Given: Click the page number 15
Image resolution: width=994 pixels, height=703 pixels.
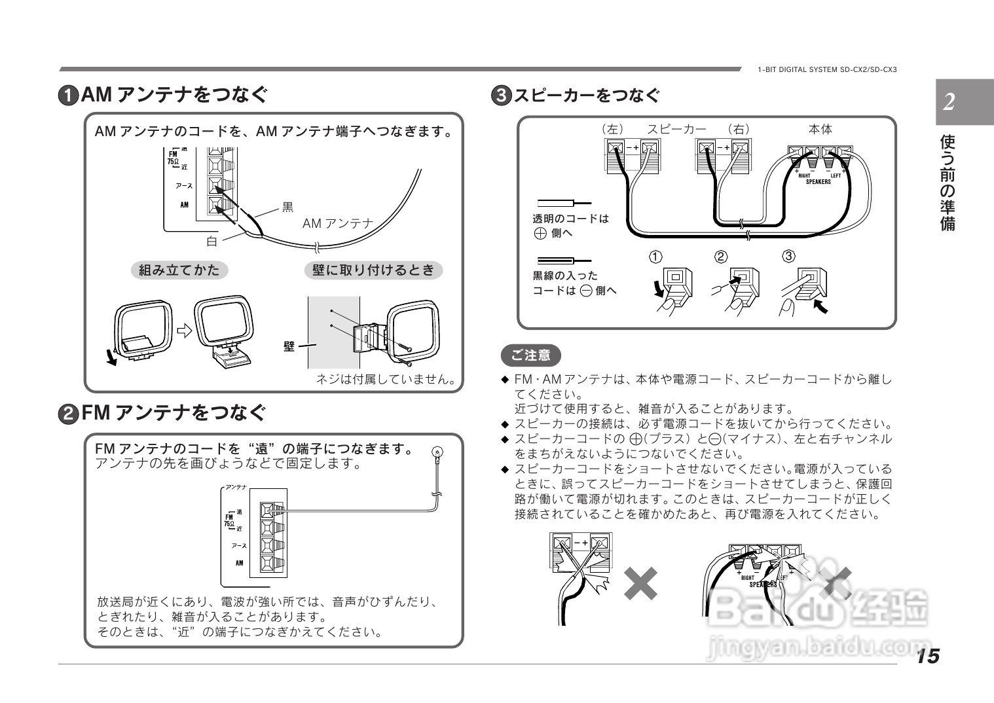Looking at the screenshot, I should tap(928, 655).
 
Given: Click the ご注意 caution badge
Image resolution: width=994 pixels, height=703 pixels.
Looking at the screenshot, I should tap(530, 355).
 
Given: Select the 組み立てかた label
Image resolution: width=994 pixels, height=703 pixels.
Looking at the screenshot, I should tap(179, 270).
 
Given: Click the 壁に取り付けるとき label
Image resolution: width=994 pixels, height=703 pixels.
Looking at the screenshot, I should tap(373, 270).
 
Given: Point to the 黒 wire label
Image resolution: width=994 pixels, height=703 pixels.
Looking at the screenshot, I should tap(287, 207).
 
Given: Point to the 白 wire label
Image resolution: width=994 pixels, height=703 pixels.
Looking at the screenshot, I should tap(212, 242).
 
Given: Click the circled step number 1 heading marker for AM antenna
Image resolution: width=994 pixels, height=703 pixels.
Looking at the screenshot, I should tap(69, 96).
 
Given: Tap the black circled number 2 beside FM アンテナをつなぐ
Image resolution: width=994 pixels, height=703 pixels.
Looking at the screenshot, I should tap(69, 414).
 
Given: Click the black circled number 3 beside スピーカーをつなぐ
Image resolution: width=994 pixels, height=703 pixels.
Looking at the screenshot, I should tap(501, 96).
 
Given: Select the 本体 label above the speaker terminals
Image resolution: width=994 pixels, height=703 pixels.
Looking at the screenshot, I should tap(820, 130).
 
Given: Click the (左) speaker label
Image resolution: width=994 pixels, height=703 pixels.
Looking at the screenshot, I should tap(613, 130).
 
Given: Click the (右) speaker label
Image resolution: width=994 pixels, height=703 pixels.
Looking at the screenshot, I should tap(739, 130).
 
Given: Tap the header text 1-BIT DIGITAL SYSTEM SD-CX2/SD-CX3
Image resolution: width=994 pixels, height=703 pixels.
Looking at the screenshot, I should tap(827, 69).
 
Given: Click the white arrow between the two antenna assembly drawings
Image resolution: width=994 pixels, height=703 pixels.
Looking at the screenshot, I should tap(185, 331).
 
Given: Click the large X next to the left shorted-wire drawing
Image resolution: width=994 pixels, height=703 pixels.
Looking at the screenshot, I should tap(640, 583).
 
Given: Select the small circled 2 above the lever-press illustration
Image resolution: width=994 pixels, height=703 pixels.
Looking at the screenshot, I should tap(720, 256).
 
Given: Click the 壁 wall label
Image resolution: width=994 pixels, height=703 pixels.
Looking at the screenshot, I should tap(289, 346).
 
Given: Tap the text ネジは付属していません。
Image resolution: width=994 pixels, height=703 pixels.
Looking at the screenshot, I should tap(386, 379).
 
